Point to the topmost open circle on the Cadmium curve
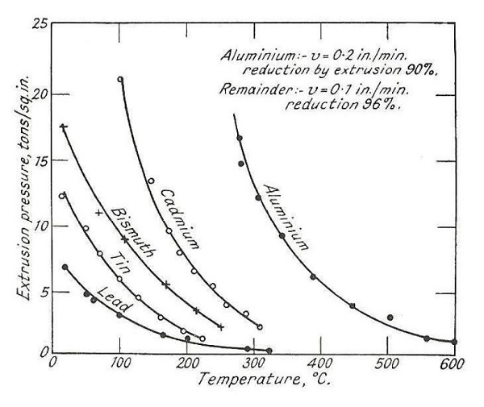tap(120, 79)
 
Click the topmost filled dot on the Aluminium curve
tap(240, 139)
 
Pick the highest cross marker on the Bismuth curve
tap(63, 127)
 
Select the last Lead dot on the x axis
tap(269, 351)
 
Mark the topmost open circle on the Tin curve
tap(62, 195)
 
